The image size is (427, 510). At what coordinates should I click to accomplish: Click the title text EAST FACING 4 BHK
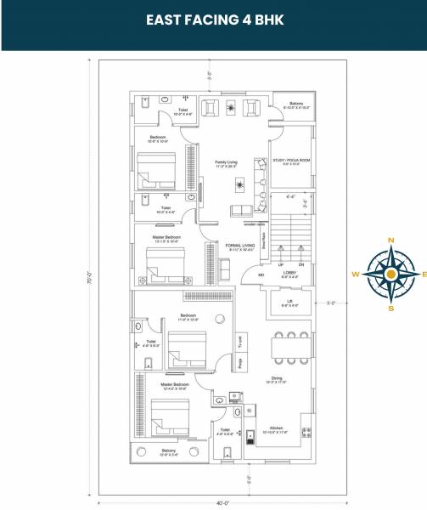point(213,19)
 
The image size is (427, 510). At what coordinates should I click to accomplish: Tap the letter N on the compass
point(390,241)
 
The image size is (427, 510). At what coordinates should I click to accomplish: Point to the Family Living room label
point(226,161)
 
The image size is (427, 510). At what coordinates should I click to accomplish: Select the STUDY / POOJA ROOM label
point(290,160)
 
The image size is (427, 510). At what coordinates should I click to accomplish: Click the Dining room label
point(277,378)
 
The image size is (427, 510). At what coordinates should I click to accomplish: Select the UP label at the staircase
point(281,264)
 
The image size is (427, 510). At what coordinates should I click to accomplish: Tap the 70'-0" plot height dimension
point(88,277)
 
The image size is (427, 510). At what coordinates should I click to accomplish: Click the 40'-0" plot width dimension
point(222,503)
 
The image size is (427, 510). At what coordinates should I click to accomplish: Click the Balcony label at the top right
point(296,104)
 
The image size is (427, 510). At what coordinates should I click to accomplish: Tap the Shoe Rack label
point(263,241)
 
